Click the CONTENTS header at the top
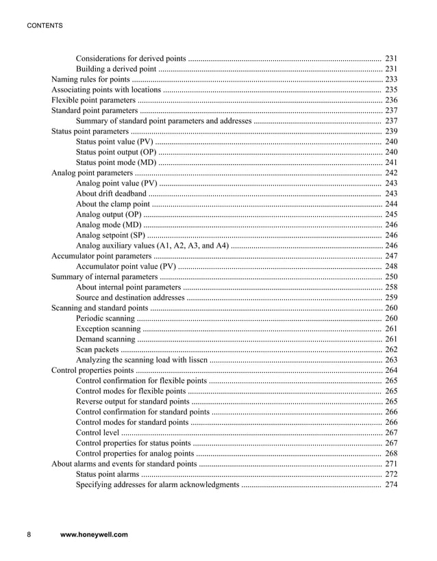(x=45, y=26)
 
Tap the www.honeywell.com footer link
(x=94, y=535)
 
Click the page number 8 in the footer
(x=29, y=535)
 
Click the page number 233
(x=391, y=79)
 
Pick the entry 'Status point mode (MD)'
(x=116, y=162)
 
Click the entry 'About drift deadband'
(x=110, y=194)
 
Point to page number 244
(x=391, y=204)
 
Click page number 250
(x=391, y=277)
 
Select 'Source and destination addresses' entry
(x=129, y=298)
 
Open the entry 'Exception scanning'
(x=108, y=329)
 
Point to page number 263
(x=391, y=360)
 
